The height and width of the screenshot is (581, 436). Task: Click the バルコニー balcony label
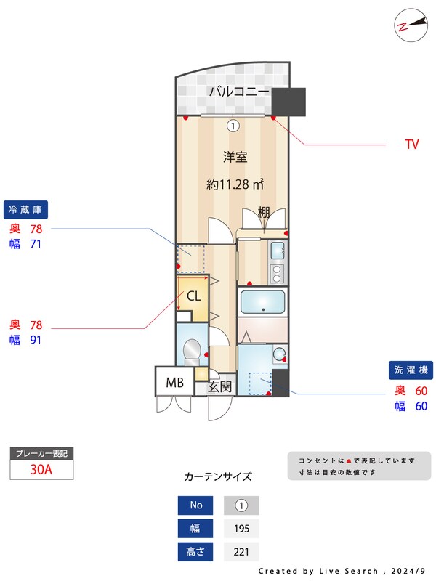tap(239, 92)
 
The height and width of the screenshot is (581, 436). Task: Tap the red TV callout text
tap(412, 145)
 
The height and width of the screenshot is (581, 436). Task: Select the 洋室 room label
tap(233, 156)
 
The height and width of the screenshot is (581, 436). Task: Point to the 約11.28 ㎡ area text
tap(234, 184)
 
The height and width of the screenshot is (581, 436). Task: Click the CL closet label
tap(194, 296)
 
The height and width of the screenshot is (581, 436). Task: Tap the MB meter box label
tap(174, 383)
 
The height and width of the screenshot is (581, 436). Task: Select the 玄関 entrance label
tap(219, 387)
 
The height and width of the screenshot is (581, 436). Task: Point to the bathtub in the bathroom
tap(262, 301)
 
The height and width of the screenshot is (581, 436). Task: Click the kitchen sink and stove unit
tap(278, 263)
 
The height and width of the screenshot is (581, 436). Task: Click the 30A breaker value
tap(41, 469)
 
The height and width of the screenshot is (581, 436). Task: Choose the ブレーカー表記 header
tap(41, 453)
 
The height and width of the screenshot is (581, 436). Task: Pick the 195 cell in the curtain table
tap(241, 529)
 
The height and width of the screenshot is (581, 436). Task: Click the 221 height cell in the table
tap(241, 552)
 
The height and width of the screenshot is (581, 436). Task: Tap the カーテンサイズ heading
tap(218, 477)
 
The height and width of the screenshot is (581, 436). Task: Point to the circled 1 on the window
tap(233, 126)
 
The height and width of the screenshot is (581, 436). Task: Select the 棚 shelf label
tap(264, 213)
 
